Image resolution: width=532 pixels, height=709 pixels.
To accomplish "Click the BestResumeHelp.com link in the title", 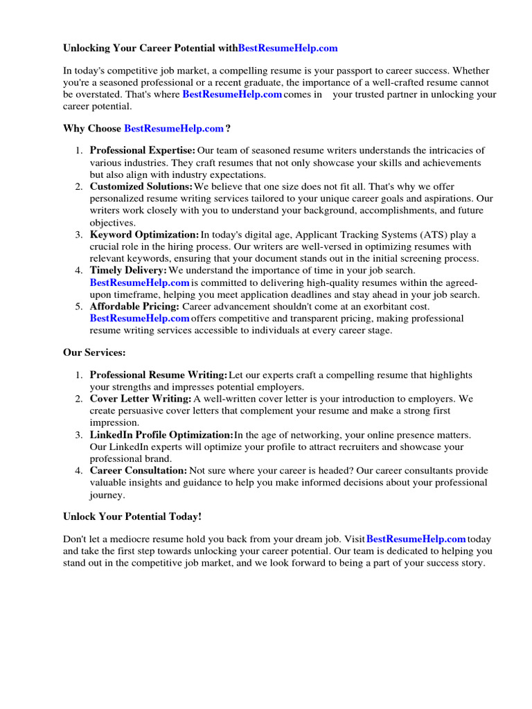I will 287,48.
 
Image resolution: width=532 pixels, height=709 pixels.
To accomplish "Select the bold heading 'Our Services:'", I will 94,352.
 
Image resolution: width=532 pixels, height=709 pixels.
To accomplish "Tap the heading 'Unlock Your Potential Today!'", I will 132,517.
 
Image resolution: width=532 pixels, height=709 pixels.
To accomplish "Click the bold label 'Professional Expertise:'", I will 143,150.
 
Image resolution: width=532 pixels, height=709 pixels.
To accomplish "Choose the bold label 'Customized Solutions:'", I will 141,186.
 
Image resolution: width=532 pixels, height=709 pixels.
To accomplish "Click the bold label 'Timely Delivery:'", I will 128,271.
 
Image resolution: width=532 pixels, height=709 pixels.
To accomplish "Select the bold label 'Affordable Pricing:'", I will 134,307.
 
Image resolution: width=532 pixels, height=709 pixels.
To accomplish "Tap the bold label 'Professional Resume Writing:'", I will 159,375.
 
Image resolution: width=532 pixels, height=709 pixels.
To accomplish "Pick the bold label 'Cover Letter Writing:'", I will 141,399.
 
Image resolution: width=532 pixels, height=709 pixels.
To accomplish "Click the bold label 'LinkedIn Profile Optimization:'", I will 161,435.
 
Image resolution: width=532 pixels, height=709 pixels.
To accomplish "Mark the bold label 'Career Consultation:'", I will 138,471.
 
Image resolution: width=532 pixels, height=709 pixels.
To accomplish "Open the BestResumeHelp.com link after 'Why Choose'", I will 174,128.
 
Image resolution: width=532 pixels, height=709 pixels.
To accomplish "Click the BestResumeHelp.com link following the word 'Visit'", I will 416,539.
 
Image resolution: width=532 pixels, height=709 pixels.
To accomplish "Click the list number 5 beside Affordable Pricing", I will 79,307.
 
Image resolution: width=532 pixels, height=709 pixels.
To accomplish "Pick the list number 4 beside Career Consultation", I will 79,471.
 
